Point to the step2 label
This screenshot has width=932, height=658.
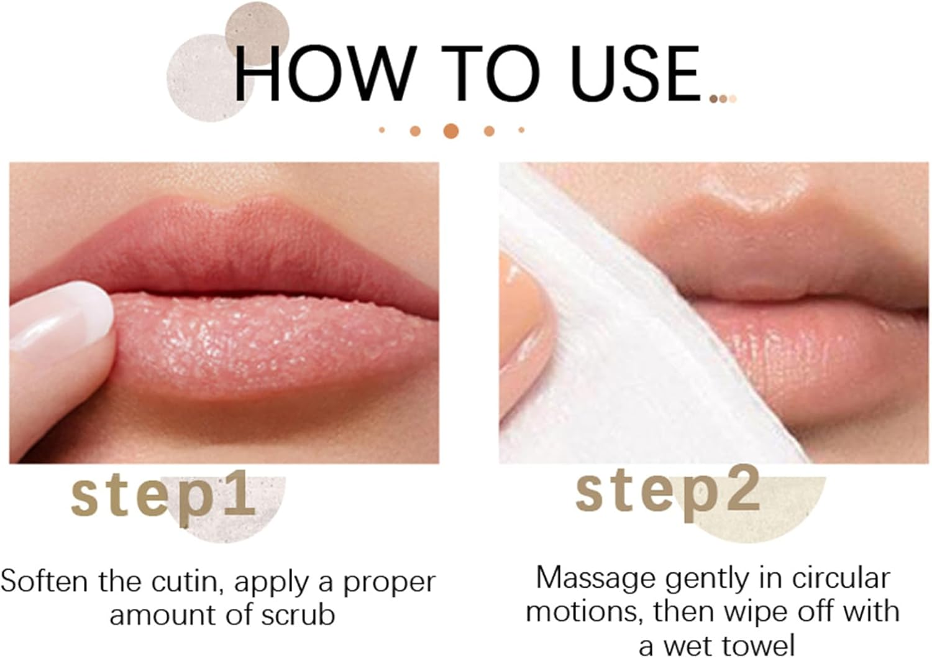668,491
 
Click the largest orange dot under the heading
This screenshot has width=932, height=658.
451,131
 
